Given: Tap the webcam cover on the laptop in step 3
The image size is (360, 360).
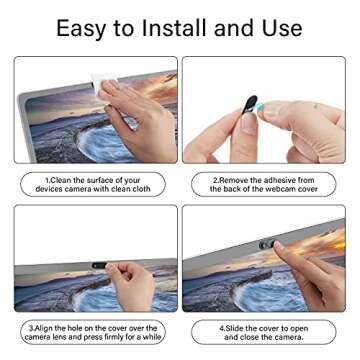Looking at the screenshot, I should tap(98, 267).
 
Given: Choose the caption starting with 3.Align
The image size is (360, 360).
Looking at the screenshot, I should tap(93, 331).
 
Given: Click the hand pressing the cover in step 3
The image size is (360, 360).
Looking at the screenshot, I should tap(130, 285).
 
